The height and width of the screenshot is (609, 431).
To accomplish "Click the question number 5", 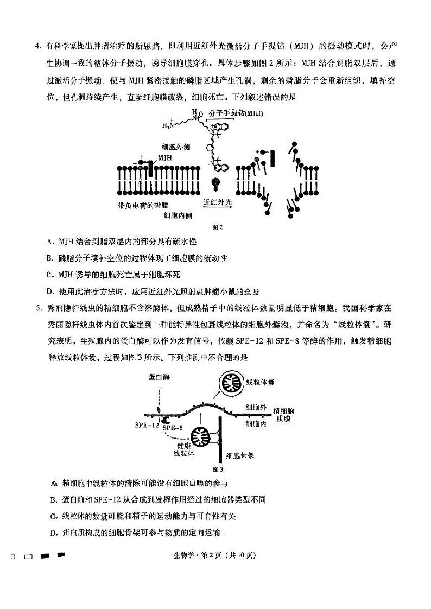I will point(37,308).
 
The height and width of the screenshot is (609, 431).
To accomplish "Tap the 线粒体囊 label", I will point(260,382).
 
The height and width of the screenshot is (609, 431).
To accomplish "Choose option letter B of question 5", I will point(53,499).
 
